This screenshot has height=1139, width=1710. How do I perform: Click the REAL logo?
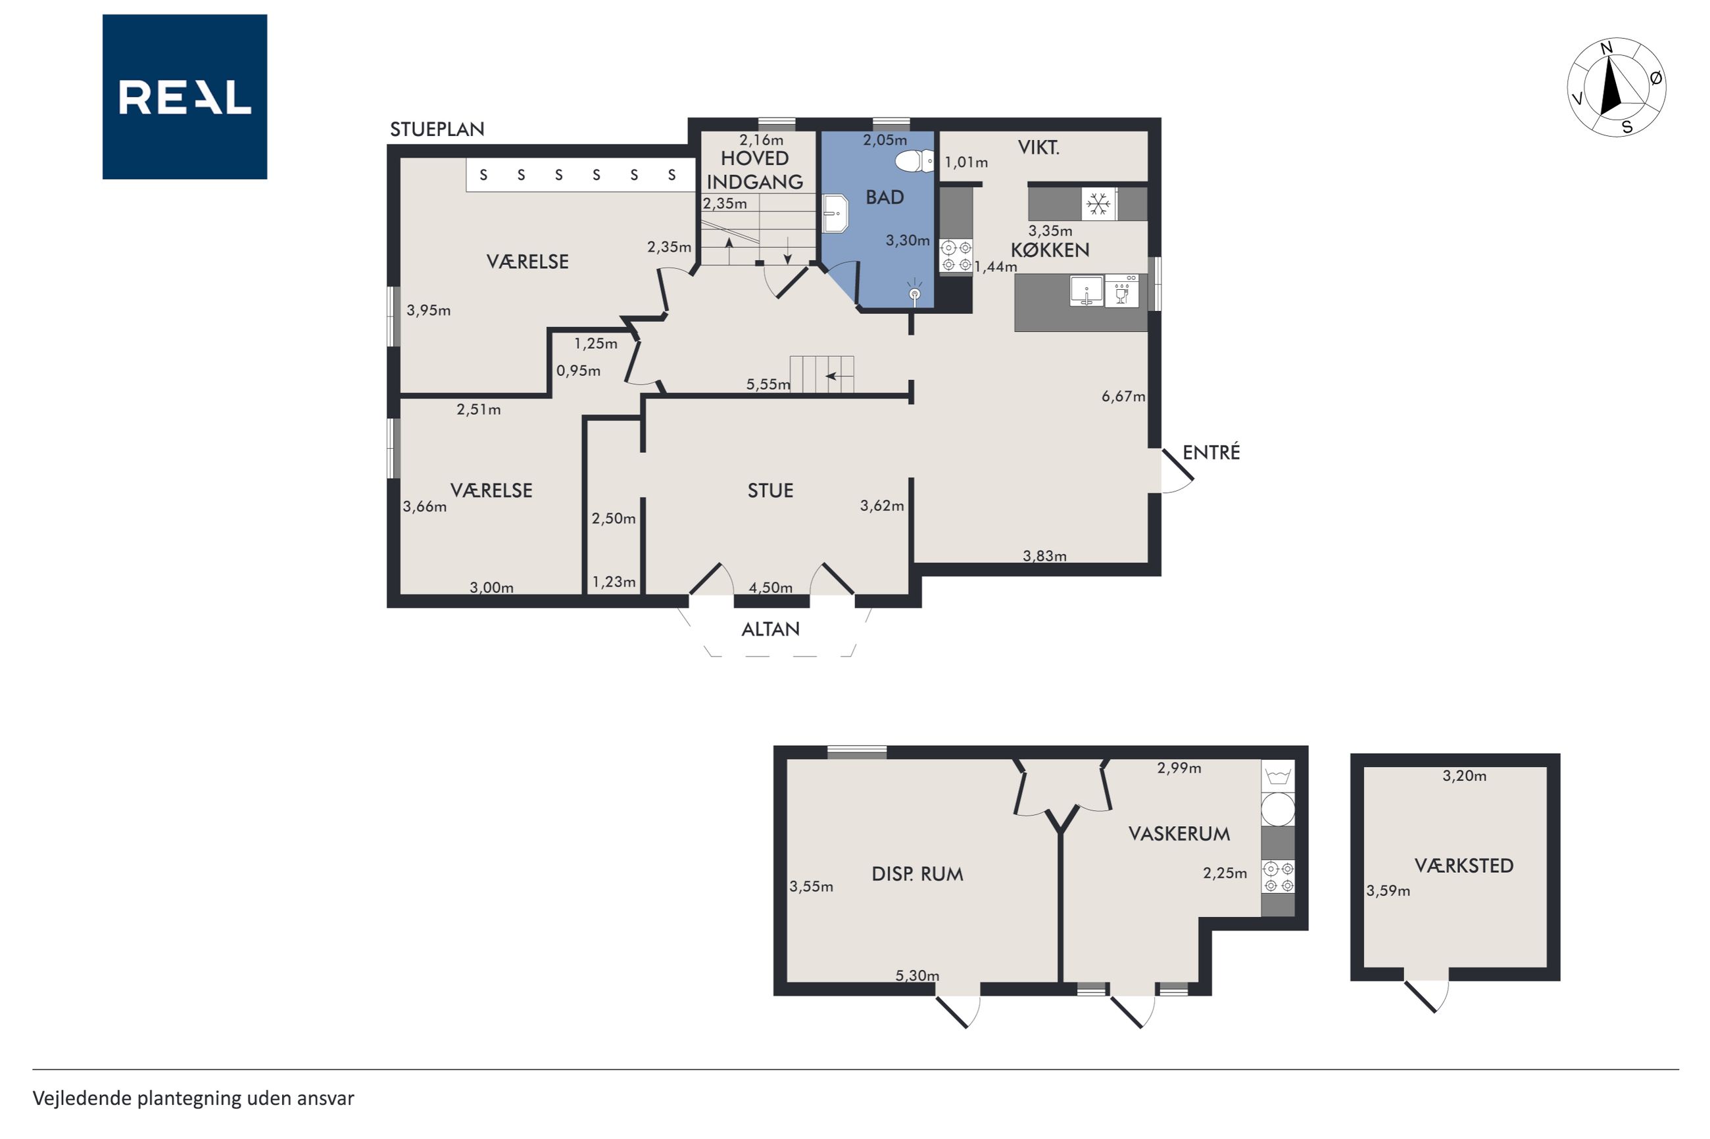[185, 97]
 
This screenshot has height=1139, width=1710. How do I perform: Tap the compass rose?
[1616, 87]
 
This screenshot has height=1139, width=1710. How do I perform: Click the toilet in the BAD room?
[914, 160]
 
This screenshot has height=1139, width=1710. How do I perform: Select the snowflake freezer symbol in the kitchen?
[1098, 204]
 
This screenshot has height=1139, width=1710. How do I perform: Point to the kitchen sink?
[1087, 291]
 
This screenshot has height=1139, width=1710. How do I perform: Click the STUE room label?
[770, 491]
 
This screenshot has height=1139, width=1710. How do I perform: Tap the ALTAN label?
[770, 629]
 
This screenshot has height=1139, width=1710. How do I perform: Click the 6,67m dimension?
[1123, 396]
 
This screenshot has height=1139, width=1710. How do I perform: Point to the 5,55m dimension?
[768, 384]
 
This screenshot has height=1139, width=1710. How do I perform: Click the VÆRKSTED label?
[1463, 865]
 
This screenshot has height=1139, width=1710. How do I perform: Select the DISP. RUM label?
[917, 874]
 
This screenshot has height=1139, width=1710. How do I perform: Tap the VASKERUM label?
[1179, 834]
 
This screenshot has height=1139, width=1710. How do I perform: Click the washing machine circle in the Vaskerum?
[1278, 809]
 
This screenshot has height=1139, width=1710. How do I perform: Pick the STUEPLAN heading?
[437, 129]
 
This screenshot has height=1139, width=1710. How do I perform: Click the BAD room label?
[885, 198]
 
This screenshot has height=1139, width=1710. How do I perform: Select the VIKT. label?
[1038, 148]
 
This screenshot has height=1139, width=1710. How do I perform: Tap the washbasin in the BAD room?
[836, 214]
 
